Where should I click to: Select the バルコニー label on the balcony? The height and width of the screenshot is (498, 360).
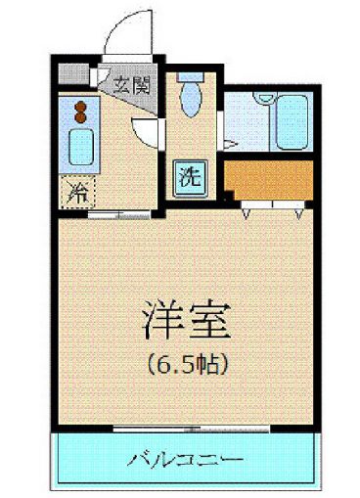pyautogui.click(x=187, y=457)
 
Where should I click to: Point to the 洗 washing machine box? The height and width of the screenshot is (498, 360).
pyautogui.click(x=190, y=177)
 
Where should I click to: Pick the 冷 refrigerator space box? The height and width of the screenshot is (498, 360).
pyautogui.click(x=75, y=192)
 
